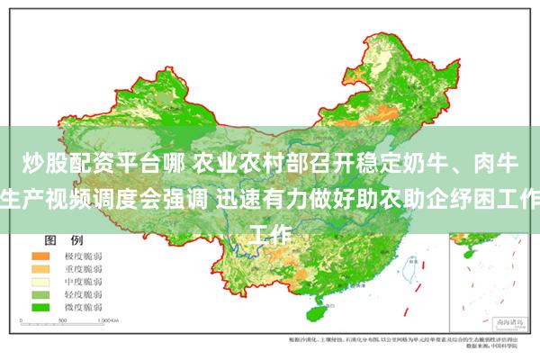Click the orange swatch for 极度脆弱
click(x=40, y=256)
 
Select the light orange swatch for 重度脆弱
click(x=40, y=269)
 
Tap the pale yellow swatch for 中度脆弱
click(x=40, y=282)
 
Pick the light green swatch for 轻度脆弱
click(x=40, y=294)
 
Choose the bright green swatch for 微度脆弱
click(x=40, y=307)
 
